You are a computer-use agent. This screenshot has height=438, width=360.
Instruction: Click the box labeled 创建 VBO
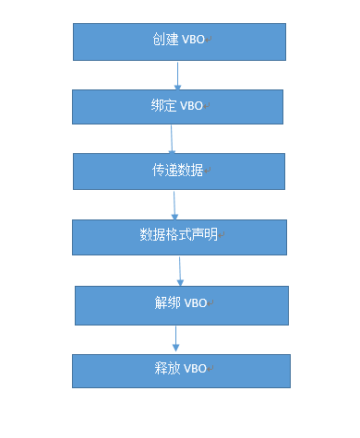click(179, 41)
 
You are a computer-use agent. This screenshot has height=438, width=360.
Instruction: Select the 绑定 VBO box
click(177, 106)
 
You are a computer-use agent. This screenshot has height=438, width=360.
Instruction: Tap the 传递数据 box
click(179, 171)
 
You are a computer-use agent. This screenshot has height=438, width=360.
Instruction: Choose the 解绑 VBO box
click(182, 304)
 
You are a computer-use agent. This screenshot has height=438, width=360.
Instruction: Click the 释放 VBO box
click(182, 370)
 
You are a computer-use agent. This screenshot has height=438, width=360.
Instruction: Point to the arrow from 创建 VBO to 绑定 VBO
click(177, 75)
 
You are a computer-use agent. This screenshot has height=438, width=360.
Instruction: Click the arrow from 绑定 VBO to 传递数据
click(172, 138)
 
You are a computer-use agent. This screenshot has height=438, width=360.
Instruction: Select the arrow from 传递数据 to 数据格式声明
click(174, 204)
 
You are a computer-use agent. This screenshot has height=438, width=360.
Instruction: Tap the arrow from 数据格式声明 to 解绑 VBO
click(180, 270)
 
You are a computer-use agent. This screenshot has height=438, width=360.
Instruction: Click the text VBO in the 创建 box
click(193, 41)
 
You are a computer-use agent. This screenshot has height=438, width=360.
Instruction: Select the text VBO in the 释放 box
click(195, 370)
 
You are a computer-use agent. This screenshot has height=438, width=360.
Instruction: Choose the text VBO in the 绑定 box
click(192, 106)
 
